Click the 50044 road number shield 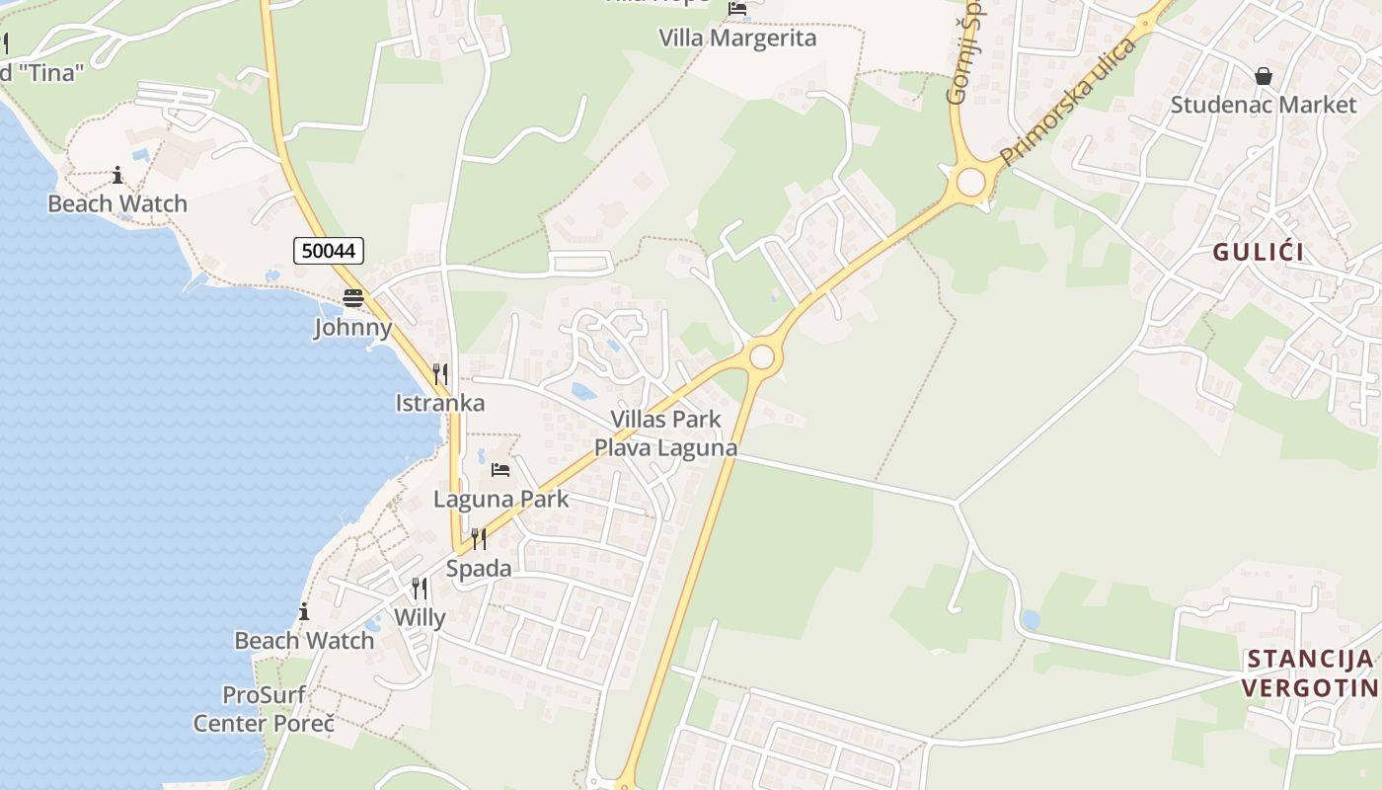pos(329,251)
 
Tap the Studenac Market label pos(1263,105)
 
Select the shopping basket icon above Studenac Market pos(1263,76)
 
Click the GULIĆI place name pos(1258,252)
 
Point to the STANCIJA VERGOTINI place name pos(1310,673)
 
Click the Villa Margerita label pos(737,39)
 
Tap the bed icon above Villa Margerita pos(737,10)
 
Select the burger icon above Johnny pos(352,298)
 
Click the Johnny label pos(352,327)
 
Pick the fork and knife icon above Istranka pos(440,374)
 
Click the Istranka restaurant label pos(440,403)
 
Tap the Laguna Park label pos(500,499)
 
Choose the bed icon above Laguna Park pos(500,470)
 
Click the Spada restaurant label pos(479,569)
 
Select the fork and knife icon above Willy pos(420,589)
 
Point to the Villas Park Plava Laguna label pos(665,434)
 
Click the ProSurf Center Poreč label pos(264,709)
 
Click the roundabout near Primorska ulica pos(971,182)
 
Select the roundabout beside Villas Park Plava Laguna pos(761,356)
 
